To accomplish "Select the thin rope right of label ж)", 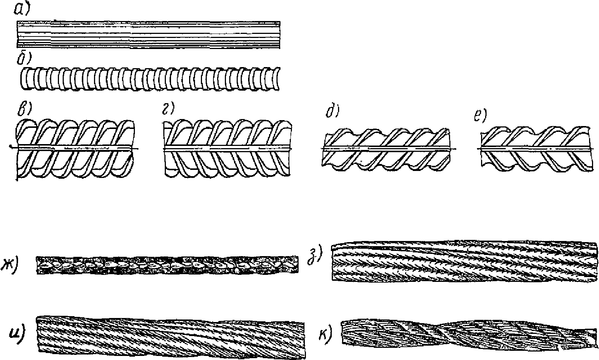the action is [167, 265].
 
